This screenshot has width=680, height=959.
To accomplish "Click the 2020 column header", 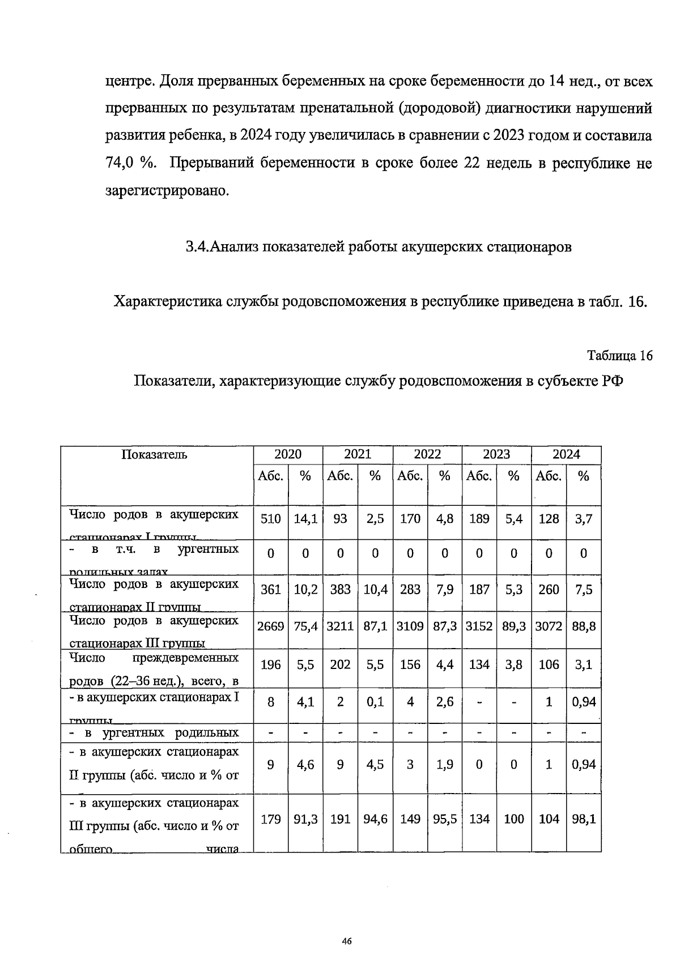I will tap(288, 454).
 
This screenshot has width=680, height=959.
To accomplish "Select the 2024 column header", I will tap(566, 454).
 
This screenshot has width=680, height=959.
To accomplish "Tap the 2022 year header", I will tap(427, 454).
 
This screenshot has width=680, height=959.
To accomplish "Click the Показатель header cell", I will tap(154, 454).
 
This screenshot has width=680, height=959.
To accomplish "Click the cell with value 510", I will tap(270, 518).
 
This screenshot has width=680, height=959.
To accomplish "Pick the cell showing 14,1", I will tap(305, 518).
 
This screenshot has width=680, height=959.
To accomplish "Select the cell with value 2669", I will tap(270, 626).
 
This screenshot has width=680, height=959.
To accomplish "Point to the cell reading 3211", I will tap(340, 626).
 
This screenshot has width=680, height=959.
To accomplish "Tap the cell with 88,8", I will tap(584, 626).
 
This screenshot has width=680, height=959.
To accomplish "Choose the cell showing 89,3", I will tap(514, 626).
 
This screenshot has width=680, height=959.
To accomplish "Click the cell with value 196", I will tap(270, 664).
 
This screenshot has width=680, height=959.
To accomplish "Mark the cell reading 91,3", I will tap(305, 819).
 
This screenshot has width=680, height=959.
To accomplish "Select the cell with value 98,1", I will tap(584, 819).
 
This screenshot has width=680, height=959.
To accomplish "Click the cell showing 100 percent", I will tap(514, 819).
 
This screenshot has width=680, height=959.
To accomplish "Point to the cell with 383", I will tap(340, 590).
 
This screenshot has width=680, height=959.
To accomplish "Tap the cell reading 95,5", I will tap(445, 819).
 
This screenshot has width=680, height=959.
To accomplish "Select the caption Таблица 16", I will tap(620, 356).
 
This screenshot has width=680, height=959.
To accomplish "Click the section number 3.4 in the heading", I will tap(198, 247).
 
